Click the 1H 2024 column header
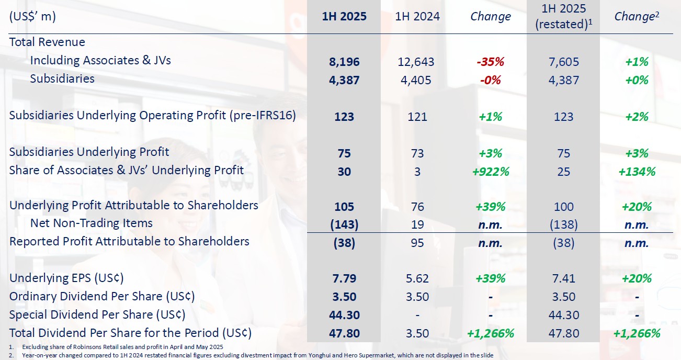pos(417,16)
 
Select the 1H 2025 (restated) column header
pos(563,16)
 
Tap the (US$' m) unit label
pos(32,16)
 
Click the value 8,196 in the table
pos(344,61)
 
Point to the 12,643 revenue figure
pos(417,61)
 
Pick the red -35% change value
pos(490,61)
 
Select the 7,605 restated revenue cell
pos(563,61)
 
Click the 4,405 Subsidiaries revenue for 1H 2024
pos(417,80)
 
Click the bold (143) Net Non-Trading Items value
pos(344,224)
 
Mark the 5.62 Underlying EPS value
pos(417,278)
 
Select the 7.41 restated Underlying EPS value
pos(563,278)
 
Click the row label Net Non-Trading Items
pos(91,223)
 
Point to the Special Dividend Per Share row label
pos(97,314)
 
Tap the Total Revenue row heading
pos(47,42)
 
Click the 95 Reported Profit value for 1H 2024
pos(417,243)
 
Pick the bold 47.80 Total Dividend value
pos(344,333)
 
